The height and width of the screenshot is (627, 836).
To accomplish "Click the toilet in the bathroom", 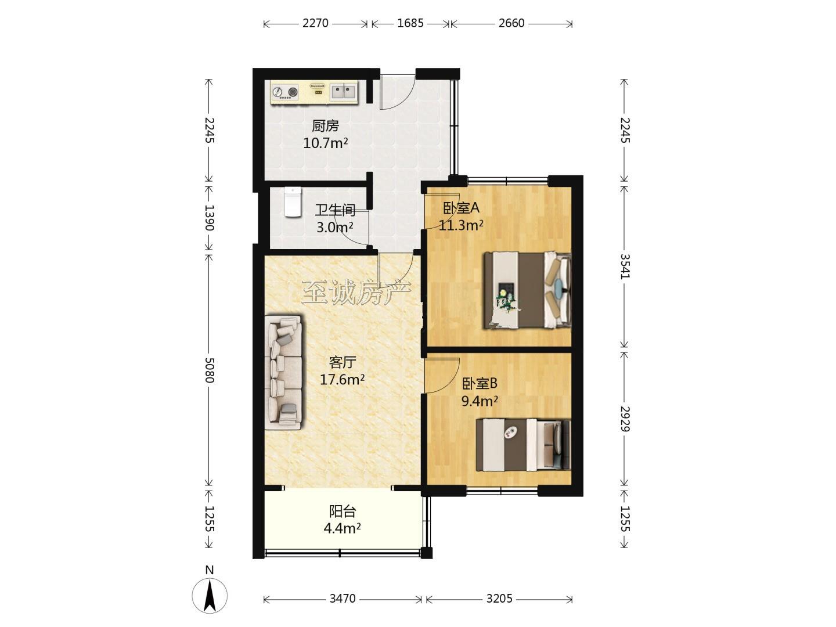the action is (293, 202).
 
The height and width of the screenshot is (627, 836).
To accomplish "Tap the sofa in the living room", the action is (284, 372).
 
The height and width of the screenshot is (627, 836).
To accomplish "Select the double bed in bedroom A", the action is (528, 290).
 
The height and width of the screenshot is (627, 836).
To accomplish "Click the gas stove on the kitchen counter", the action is (285, 92).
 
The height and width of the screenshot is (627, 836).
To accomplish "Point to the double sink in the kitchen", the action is (343, 92).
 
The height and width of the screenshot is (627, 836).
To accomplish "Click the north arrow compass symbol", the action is (210, 596).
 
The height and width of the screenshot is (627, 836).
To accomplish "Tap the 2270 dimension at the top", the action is (315, 23).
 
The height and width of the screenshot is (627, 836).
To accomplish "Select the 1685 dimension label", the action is (410, 23).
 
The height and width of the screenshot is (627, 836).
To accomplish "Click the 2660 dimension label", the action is (511, 23).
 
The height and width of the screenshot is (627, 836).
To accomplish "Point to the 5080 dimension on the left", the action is (209, 370).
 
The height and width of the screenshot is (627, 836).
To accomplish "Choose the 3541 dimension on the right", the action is (625, 266).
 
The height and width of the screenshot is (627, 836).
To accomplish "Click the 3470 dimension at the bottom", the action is (343, 599).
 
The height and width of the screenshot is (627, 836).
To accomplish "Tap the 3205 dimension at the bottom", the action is (499, 599).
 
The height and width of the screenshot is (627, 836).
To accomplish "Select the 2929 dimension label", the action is (625, 419).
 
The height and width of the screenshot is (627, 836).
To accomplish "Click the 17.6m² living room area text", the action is (342, 380).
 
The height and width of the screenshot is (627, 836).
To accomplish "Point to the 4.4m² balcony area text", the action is (342, 528).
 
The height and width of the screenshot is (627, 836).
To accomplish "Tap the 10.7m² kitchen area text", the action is (326, 143).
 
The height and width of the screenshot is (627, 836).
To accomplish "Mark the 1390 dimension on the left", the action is (209, 218).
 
